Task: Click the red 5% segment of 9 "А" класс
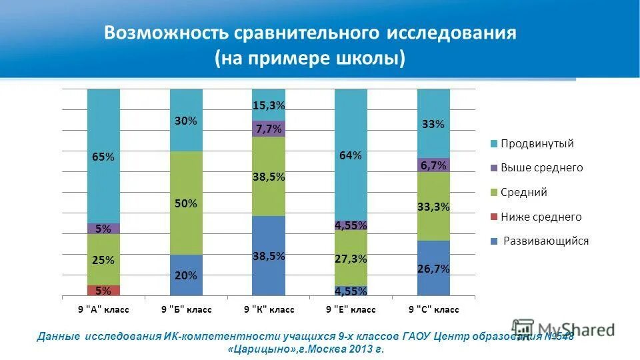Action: click(x=103, y=291)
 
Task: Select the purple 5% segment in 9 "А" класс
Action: click(x=103, y=229)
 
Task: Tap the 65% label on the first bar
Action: click(x=103, y=157)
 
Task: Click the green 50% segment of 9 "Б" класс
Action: click(x=186, y=203)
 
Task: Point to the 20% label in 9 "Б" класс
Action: click(x=186, y=275)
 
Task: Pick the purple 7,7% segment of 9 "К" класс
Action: click(x=269, y=129)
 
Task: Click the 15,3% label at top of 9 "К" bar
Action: click(x=269, y=105)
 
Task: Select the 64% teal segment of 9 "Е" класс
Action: click(x=351, y=155)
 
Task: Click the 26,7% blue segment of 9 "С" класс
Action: click(x=433, y=269)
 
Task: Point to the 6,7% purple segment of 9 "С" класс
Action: click(x=433, y=165)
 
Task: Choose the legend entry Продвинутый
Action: click(x=537, y=143)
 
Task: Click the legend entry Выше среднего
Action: click(x=541, y=168)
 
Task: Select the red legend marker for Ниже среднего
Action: click(x=493, y=217)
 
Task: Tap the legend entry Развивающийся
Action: click(x=545, y=241)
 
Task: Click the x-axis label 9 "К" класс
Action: click(x=269, y=310)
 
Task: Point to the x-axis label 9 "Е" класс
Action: click(x=351, y=310)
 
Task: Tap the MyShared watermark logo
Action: click(x=563, y=329)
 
